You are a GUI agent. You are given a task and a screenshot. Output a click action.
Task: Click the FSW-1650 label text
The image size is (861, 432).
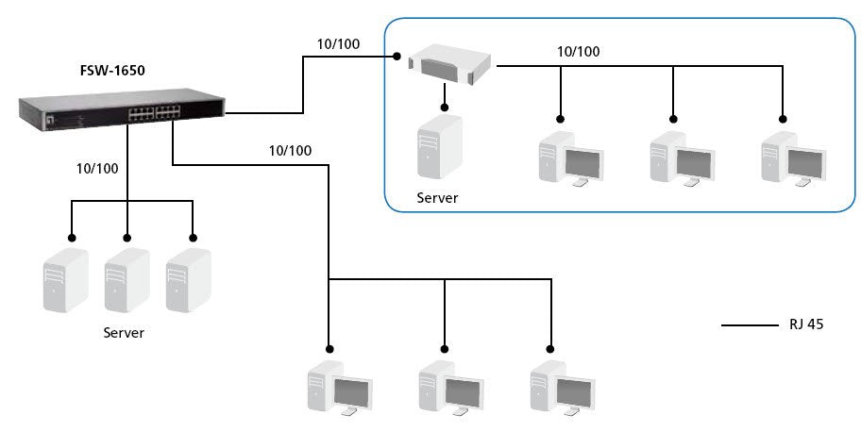[x=113, y=69]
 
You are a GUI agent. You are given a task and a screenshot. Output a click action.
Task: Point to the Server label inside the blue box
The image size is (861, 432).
[x=437, y=198]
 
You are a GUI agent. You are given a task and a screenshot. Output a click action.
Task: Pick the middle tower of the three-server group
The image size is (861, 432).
[x=127, y=280]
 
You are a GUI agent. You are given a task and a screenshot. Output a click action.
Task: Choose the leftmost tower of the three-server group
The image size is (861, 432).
[x=65, y=280]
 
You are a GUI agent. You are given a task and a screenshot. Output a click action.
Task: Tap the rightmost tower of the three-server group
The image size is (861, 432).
[x=188, y=280]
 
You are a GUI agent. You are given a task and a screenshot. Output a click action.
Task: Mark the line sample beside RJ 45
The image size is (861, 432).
[x=750, y=325]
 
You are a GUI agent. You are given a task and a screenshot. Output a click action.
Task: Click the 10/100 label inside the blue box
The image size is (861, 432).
[x=576, y=52]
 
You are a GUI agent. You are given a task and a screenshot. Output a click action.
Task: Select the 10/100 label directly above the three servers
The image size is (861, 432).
[x=97, y=169]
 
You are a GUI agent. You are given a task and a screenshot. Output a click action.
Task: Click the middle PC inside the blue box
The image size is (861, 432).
[x=681, y=159]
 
